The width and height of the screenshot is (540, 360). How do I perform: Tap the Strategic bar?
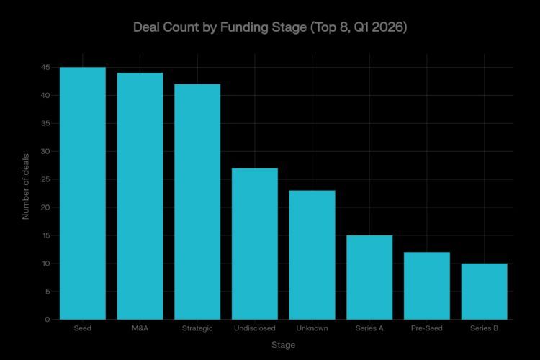[x=197, y=202]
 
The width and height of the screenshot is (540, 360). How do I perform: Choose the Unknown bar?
[x=312, y=255]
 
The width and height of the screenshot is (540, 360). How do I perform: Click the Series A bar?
[x=369, y=277]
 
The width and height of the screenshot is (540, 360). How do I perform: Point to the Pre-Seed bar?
[x=427, y=286]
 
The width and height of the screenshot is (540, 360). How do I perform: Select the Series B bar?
[x=484, y=292]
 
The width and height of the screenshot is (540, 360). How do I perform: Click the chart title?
[x=270, y=28]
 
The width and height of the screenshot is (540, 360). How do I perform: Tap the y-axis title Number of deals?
[x=26, y=186]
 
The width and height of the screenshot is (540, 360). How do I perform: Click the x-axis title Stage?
[x=283, y=345]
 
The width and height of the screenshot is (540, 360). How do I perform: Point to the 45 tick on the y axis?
[x=45, y=67]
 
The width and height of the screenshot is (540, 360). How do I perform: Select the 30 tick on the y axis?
[x=45, y=151]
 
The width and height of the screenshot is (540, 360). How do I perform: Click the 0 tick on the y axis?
[x=47, y=320]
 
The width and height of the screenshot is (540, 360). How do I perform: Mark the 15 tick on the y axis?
[x=45, y=235]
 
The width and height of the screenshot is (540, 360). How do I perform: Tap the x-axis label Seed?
[x=82, y=329]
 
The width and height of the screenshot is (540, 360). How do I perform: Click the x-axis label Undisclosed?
[x=254, y=329]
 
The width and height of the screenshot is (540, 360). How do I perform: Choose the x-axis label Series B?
[x=484, y=329]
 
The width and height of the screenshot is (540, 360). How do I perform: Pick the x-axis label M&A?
[x=140, y=329]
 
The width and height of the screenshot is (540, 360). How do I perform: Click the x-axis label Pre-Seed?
[x=427, y=329]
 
